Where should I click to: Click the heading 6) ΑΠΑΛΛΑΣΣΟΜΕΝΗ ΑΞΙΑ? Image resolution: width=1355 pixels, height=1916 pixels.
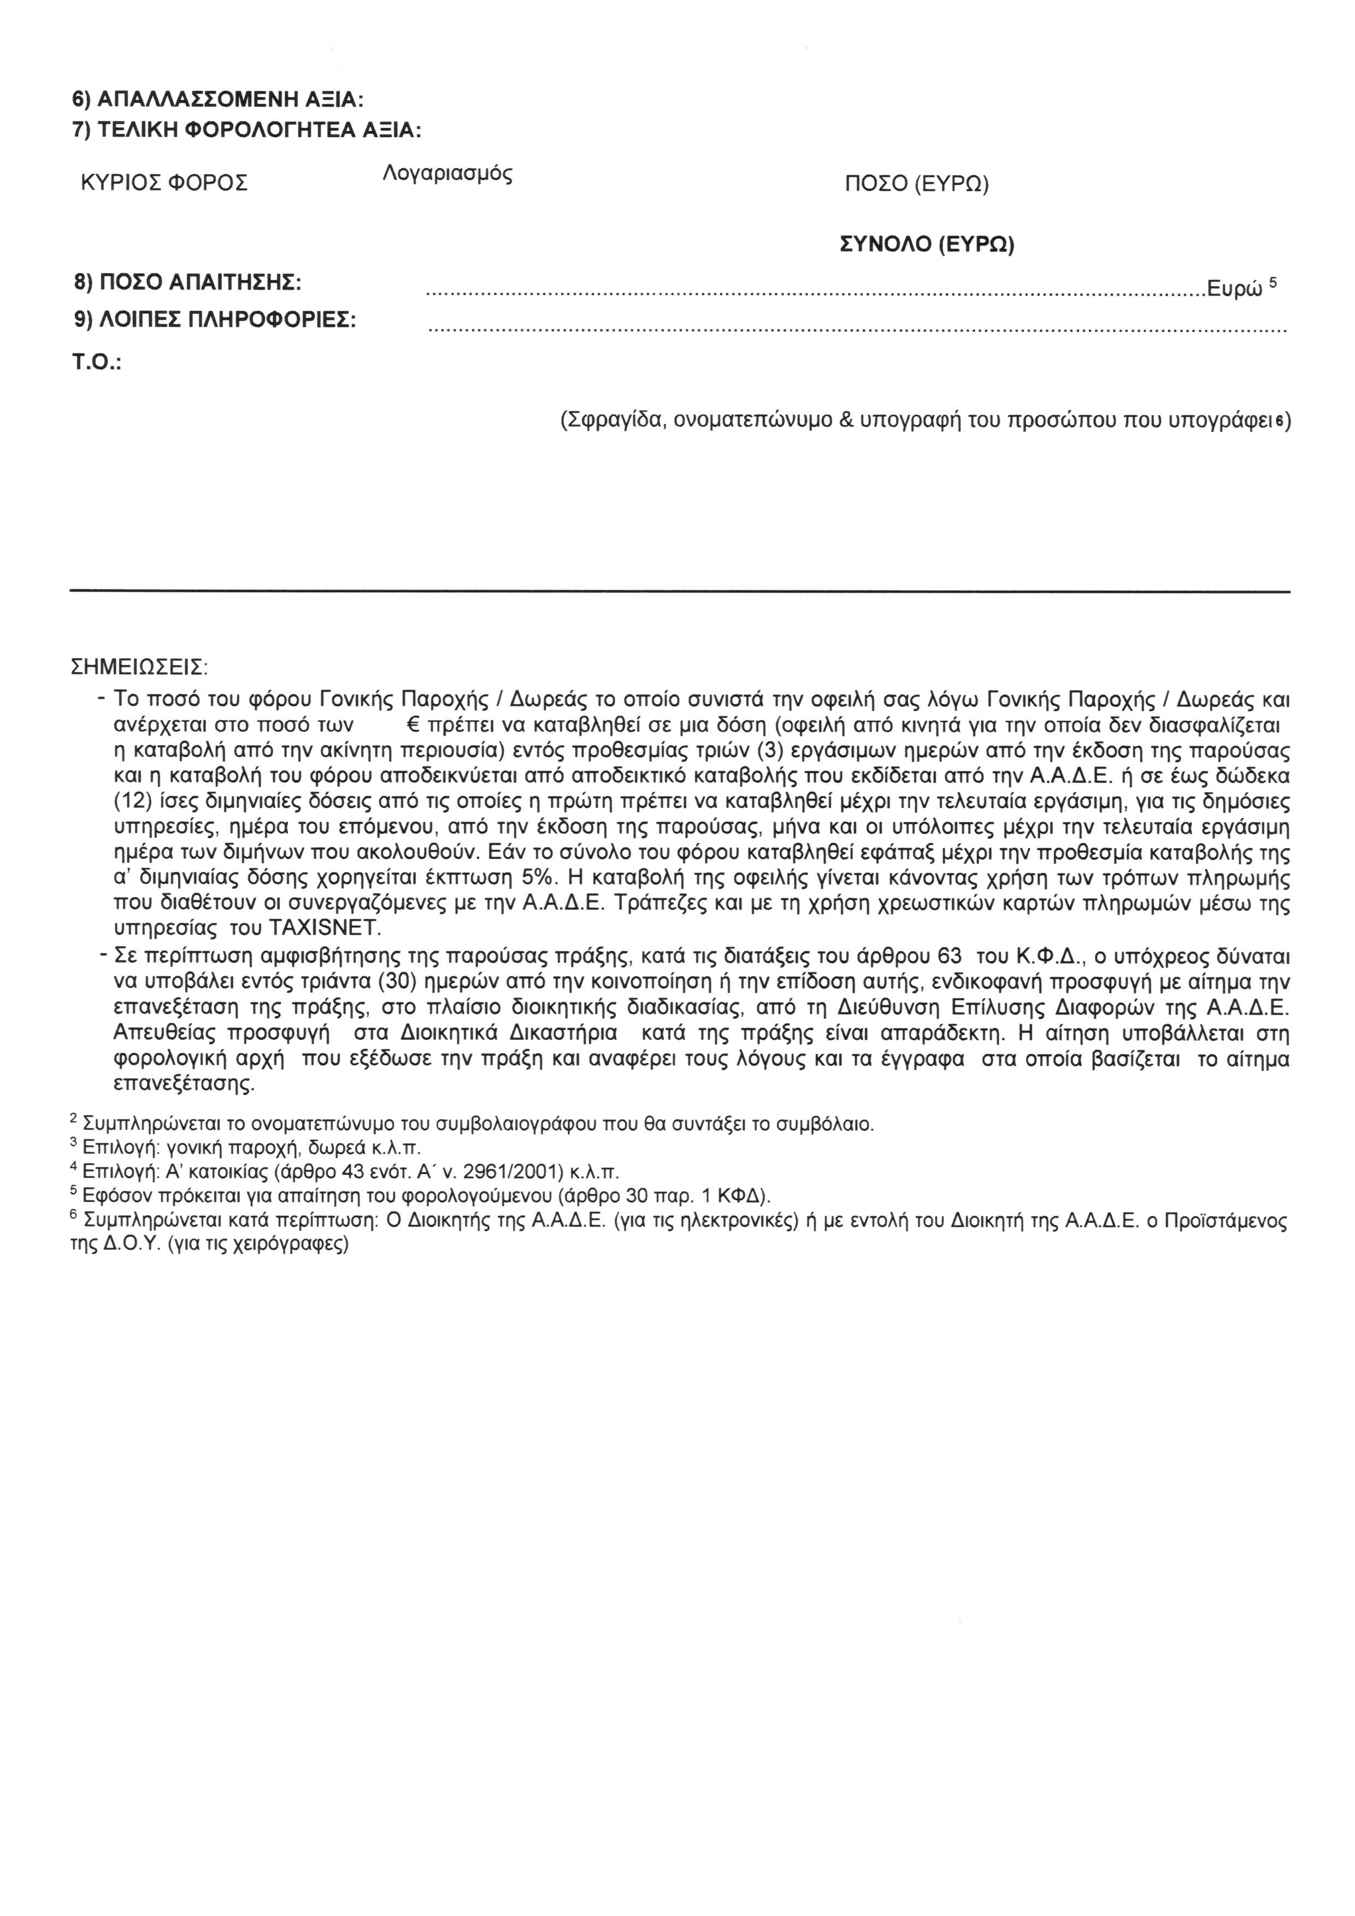[218, 100]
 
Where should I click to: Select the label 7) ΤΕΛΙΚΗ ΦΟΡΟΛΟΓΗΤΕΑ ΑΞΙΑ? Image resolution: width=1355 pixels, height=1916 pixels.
[247, 131]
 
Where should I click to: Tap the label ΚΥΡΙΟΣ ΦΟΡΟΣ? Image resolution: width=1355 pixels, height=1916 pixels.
[164, 184]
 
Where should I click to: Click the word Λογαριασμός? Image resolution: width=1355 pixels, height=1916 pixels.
[447, 174]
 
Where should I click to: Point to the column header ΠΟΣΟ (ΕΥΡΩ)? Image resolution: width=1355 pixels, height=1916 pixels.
[916, 185]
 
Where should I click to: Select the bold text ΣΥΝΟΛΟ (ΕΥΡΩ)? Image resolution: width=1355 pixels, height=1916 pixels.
[926, 245]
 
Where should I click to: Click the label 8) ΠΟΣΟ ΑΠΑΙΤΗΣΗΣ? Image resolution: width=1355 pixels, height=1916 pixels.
[188, 283]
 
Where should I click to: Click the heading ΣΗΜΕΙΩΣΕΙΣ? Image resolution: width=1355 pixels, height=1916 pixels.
[139, 668]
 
